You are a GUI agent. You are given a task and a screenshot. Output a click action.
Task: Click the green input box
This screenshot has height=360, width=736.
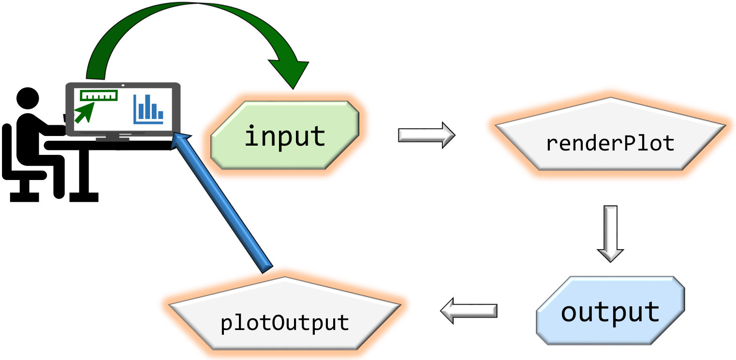click(285, 135)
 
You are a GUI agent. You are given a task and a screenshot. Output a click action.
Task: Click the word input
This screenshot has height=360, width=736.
click(285, 136)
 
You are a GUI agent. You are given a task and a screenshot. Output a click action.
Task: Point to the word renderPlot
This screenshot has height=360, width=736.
click(610, 144)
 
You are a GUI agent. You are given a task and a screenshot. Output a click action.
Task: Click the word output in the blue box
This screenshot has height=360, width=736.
click(610, 312)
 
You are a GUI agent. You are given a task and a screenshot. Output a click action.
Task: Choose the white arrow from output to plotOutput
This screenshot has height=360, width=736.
click(468, 311)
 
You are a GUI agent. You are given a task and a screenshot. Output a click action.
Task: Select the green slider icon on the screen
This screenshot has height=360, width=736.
click(99, 95)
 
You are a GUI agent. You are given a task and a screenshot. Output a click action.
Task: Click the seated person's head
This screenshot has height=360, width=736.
click(28, 99)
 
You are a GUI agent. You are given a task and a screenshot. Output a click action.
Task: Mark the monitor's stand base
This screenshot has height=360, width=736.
click(112, 140)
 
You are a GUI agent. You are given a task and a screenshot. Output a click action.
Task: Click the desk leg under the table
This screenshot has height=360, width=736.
click(83, 174)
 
